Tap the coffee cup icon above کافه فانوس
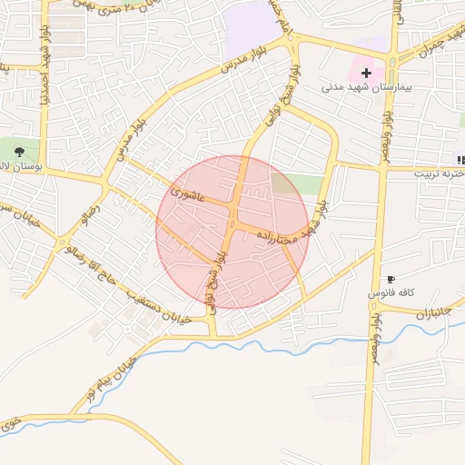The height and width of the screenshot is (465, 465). (x=391, y=279)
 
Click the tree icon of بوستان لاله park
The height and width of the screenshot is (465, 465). (x=20, y=152)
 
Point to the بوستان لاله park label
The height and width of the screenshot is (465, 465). (x=17, y=170)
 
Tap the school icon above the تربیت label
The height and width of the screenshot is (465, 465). (x=460, y=160)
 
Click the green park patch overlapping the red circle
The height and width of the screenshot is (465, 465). (x=286, y=183)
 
